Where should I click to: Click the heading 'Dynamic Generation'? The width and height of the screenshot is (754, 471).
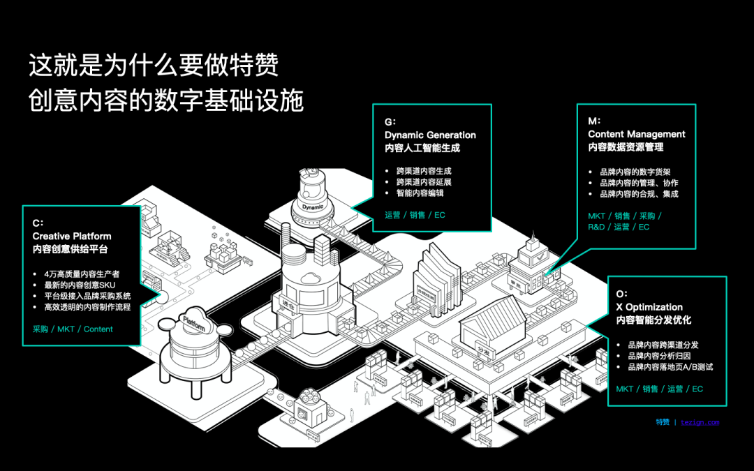(430, 135)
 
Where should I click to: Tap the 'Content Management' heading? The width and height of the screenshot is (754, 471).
(636, 134)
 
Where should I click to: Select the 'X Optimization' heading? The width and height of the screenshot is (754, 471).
(649, 307)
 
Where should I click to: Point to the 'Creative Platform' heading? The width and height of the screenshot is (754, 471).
(71, 237)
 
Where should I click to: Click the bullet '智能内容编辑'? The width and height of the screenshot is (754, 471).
(420, 193)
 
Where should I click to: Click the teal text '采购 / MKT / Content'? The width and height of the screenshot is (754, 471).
(73, 329)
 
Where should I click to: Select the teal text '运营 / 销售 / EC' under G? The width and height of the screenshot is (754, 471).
(415, 215)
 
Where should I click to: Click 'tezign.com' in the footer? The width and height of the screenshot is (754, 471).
(700, 422)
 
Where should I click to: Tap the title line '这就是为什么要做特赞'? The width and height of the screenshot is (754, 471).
(154, 66)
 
